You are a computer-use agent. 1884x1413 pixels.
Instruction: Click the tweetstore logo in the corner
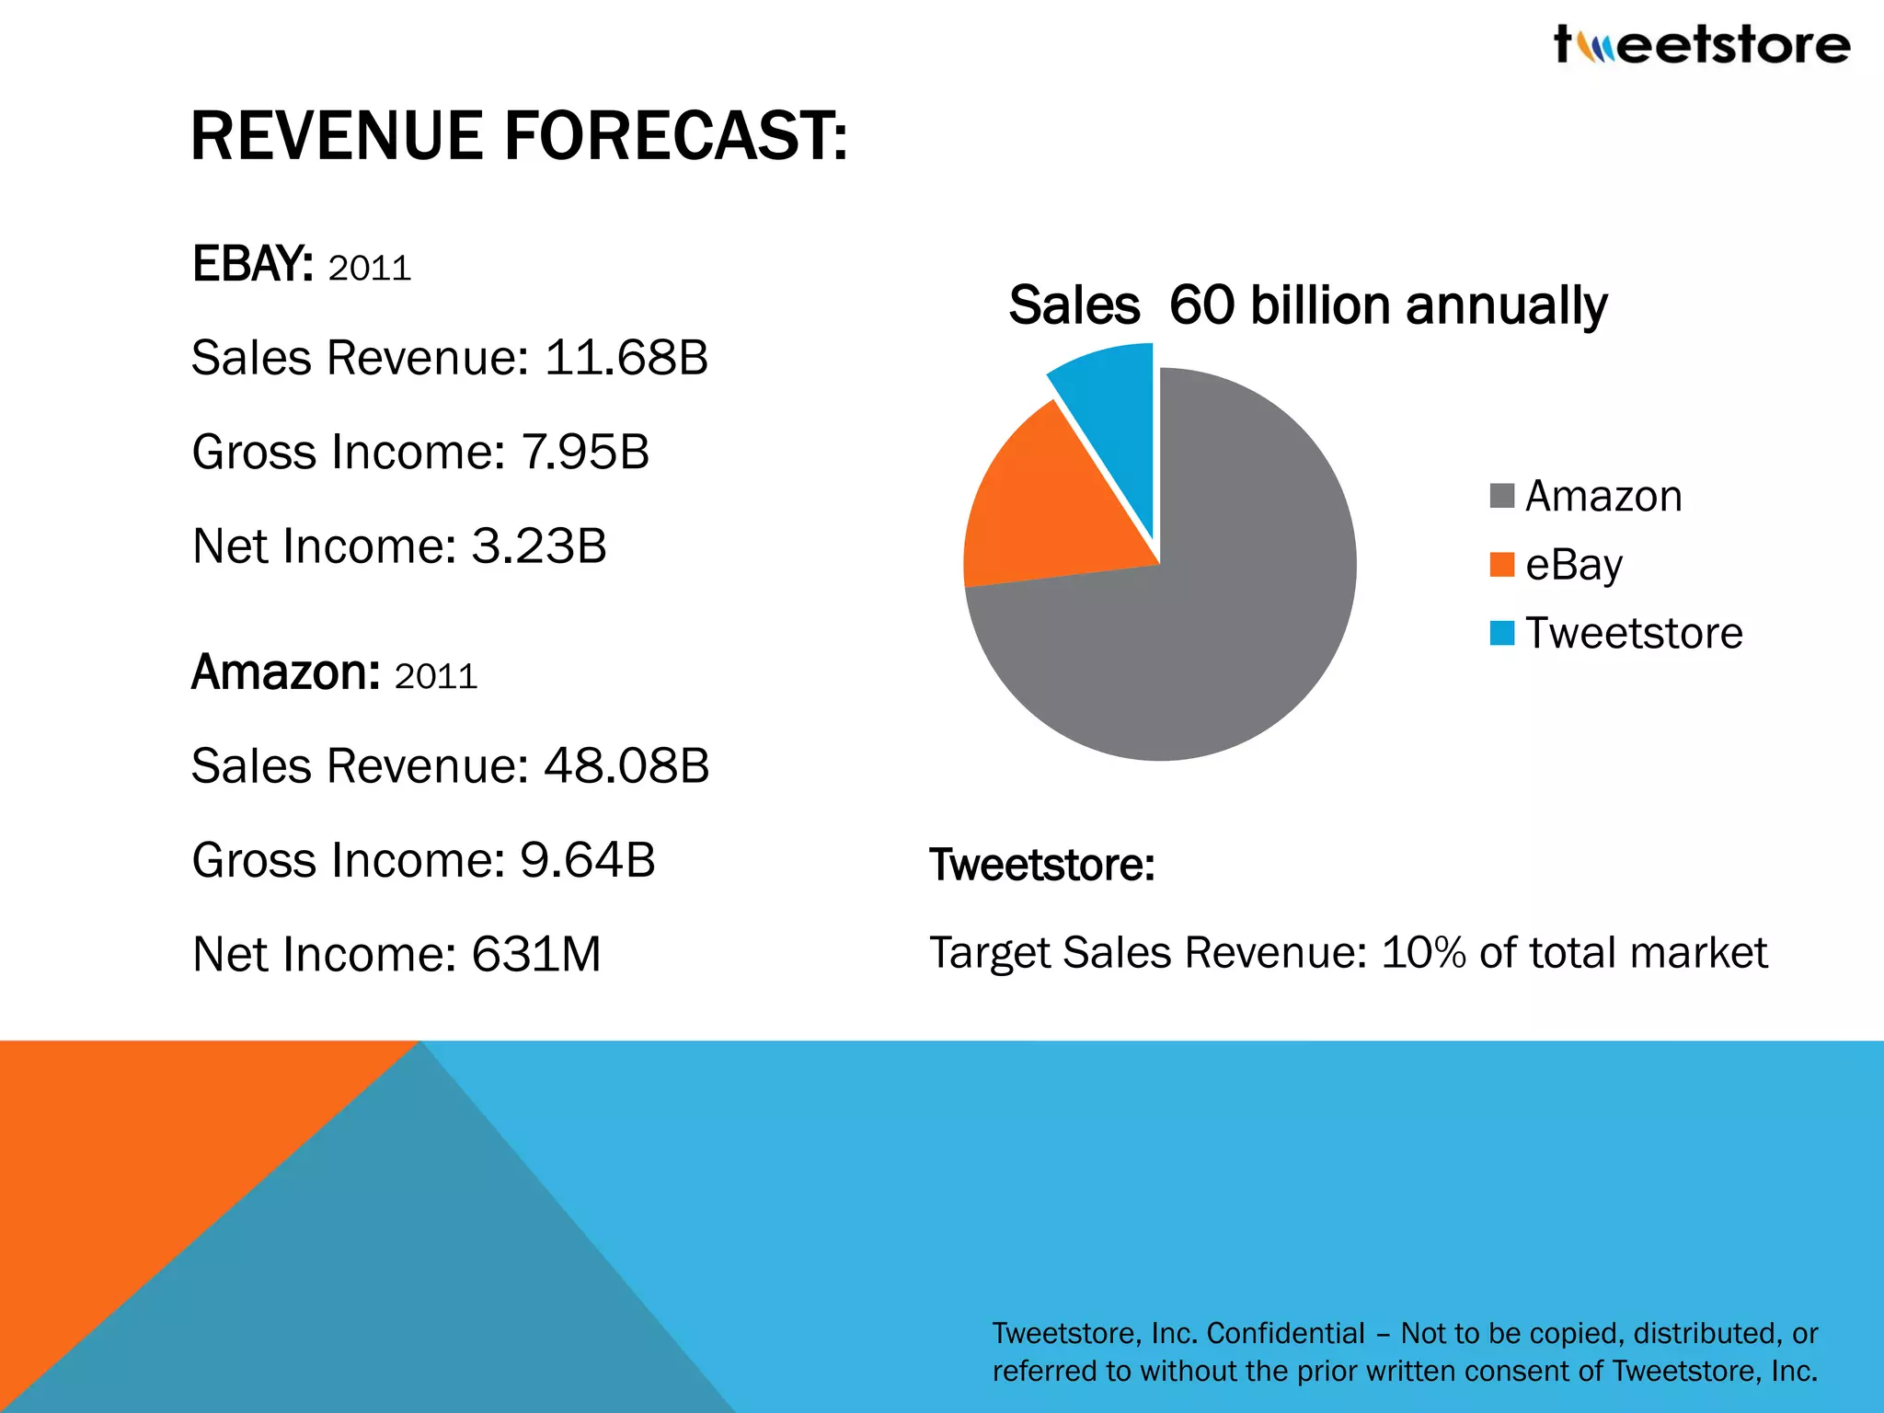tap(1702, 44)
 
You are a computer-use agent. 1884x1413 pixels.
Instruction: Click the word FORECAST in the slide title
tap(676, 136)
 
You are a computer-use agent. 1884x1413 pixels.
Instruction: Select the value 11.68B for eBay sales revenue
tap(626, 358)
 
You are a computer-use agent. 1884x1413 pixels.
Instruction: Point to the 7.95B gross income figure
tap(585, 453)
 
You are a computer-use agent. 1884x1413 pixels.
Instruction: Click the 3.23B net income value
tap(538, 546)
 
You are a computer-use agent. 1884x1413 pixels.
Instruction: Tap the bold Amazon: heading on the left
tap(285, 672)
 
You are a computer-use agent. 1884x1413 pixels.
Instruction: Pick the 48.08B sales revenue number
tap(626, 766)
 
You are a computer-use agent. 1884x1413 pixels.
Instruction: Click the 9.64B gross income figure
tap(587, 860)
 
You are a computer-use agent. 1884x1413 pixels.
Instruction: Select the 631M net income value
tap(535, 955)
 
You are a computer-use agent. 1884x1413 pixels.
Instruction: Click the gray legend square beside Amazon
tap(1501, 496)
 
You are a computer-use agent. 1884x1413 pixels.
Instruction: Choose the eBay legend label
tap(1573, 565)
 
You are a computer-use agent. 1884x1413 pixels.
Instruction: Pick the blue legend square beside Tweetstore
tap(1501, 633)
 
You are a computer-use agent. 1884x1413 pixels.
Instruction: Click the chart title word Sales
tap(1074, 305)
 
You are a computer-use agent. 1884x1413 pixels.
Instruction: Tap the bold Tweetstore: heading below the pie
tap(1041, 865)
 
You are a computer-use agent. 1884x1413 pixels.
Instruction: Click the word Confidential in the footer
tap(1285, 1333)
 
